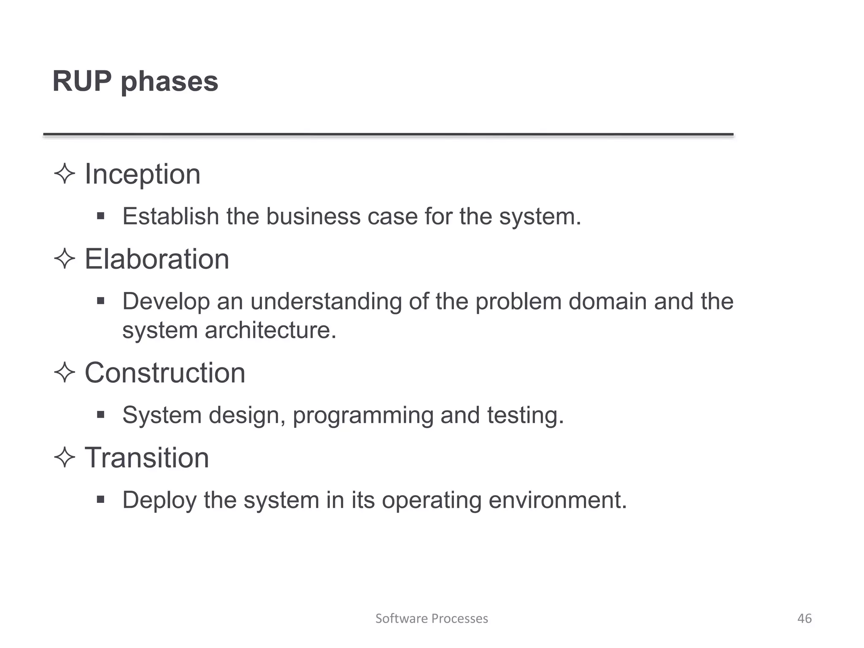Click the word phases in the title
170,82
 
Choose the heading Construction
165,373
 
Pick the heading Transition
147,458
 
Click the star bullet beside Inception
65,173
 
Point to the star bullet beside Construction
65,373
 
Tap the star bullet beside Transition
65,457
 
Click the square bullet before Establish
100,216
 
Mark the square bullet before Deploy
100,500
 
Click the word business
313,216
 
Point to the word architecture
270,330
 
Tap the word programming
363,416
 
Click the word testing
525,416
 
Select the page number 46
805,618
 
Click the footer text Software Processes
432,618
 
